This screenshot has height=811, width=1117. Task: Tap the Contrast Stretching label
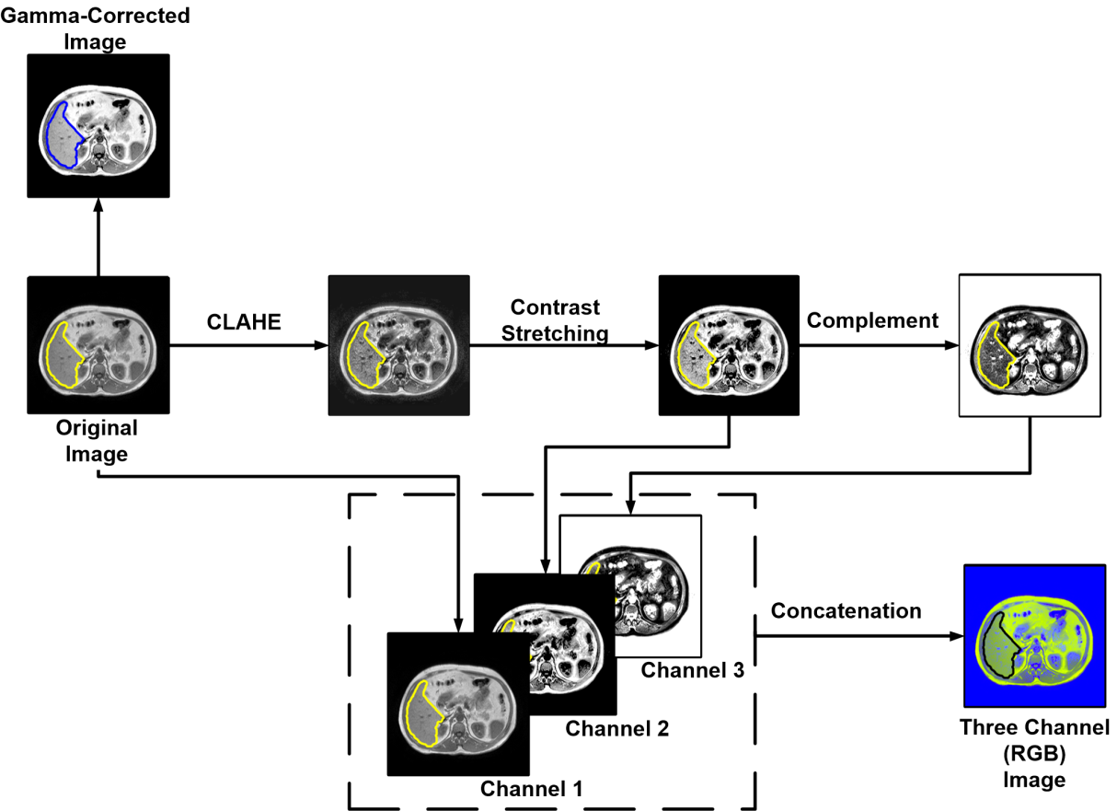tap(555, 319)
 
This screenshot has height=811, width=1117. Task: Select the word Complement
tap(872, 320)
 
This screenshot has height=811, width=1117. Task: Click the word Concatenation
tap(846, 611)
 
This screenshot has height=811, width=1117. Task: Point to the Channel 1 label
tap(532, 789)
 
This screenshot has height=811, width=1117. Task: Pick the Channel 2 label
tap(616, 729)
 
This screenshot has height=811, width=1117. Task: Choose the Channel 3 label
tap(692, 670)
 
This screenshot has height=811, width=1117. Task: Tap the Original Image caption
tap(97, 441)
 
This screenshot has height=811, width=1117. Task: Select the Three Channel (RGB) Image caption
tap(1035, 752)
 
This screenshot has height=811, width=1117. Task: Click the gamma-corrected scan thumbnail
tap(98, 125)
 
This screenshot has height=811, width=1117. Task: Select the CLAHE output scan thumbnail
tap(398, 345)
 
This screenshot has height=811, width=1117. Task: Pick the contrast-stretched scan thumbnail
tap(729, 345)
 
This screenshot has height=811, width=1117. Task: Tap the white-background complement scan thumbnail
tap(1030, 345)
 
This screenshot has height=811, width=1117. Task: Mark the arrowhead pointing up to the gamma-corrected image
tap(98, 203)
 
